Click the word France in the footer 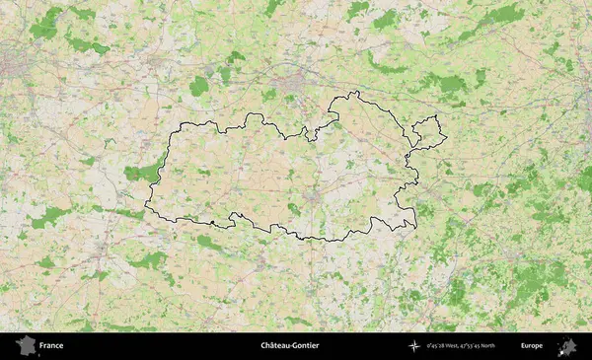51,346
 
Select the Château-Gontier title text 290,346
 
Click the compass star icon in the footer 415,346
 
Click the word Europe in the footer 532,346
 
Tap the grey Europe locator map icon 567,346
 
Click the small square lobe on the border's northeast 429,129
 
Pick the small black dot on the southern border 211,224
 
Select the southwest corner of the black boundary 148,207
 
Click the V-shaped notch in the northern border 314,136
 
